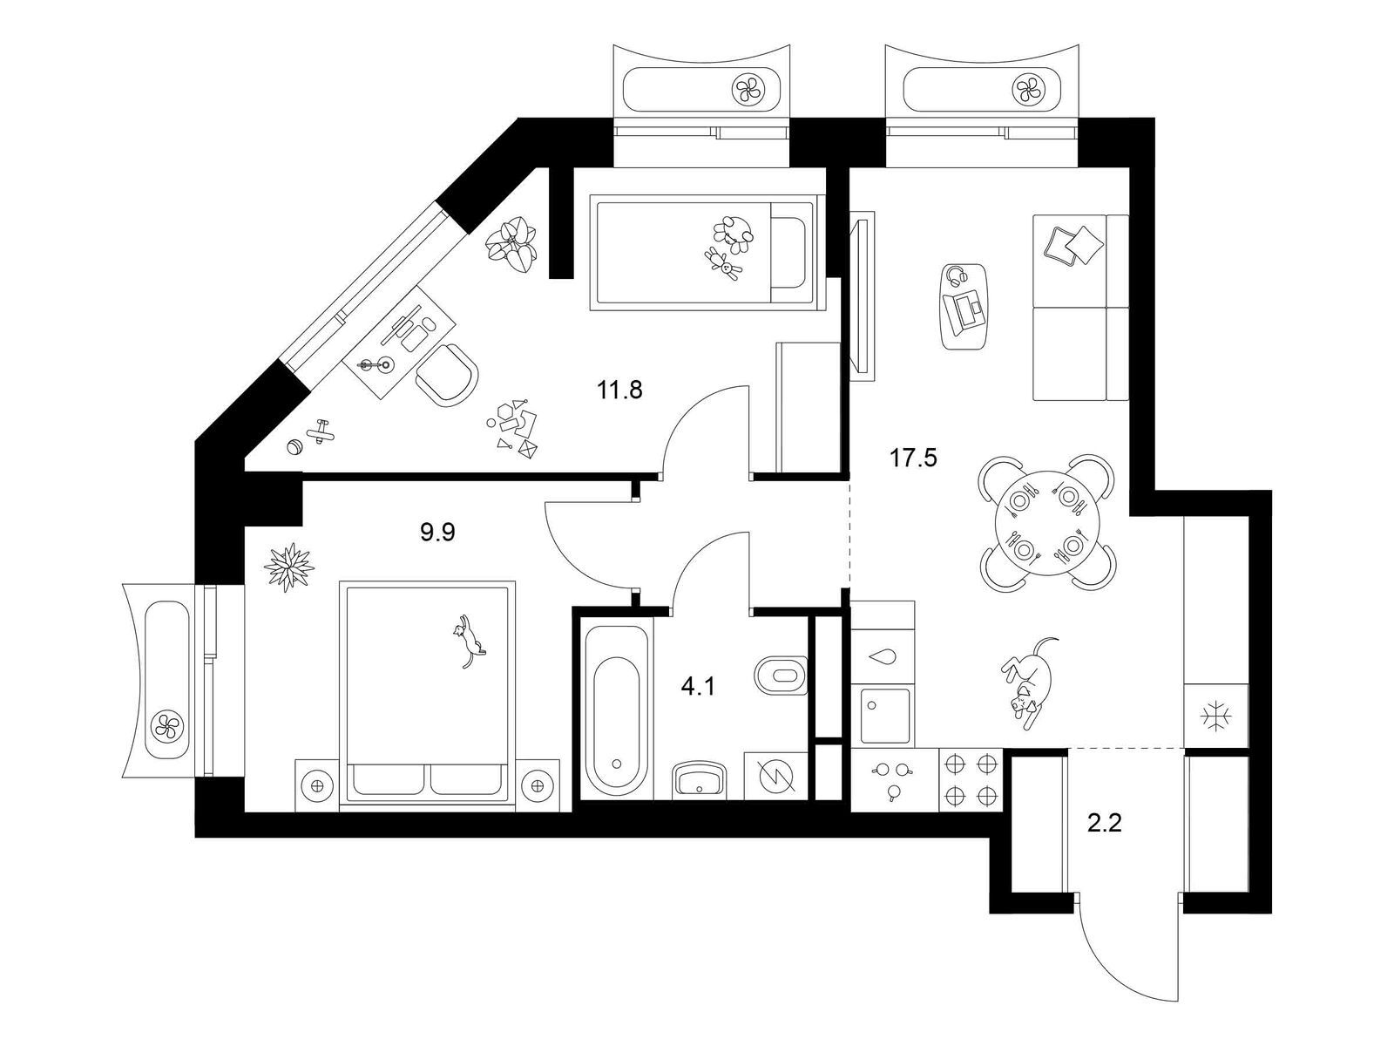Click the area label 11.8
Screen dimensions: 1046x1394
(619, 390)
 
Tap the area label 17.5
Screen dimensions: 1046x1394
(913, 457)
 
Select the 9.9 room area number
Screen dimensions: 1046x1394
(438, 532)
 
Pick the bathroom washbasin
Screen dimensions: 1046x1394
(699, 778)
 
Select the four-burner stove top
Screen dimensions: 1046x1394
(971, 779)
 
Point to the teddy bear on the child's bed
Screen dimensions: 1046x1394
(725, 262)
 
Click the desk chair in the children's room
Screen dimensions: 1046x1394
(448, 375)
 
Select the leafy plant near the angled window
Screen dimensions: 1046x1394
(511, 243)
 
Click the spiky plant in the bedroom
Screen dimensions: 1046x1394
(288, 567)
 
